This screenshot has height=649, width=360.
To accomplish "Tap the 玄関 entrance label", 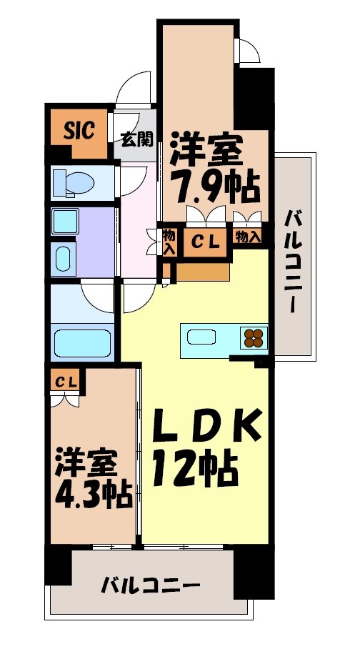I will pos(136,138).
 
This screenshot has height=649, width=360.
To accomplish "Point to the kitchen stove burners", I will pos(254,335).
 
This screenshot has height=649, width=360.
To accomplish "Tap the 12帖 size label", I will pos(194,470).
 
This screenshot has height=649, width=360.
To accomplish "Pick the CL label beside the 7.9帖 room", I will pos(207,241).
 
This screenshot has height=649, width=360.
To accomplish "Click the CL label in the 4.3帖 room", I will pos(66,382).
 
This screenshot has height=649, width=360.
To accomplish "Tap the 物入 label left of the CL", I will pos(169,242).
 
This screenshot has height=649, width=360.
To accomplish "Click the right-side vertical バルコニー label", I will pos(293,262).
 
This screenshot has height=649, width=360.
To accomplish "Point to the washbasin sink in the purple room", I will pos(63,257).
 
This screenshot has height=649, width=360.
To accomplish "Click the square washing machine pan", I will pos(68,221).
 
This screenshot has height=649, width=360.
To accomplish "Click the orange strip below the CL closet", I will pos(203,271).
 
